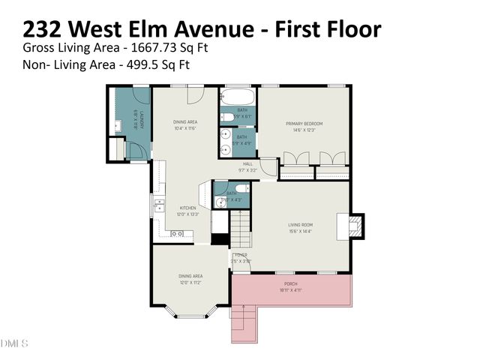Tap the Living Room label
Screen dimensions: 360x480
[x=300, y=224]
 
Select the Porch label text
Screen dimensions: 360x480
[x=290, y=283]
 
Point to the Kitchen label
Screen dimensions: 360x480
[x=187, y=208]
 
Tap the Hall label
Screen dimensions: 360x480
[x=247, y=164]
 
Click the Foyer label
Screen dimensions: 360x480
[x=241, y=255]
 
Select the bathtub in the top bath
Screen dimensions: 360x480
[x=238, y=98]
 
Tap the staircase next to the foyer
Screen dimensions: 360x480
[x=239, y=229]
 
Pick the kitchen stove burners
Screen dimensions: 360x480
[x=178, y=234]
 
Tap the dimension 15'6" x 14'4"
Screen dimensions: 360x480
[x=300, y=231]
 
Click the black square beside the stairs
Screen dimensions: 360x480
[x=219, y=240]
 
